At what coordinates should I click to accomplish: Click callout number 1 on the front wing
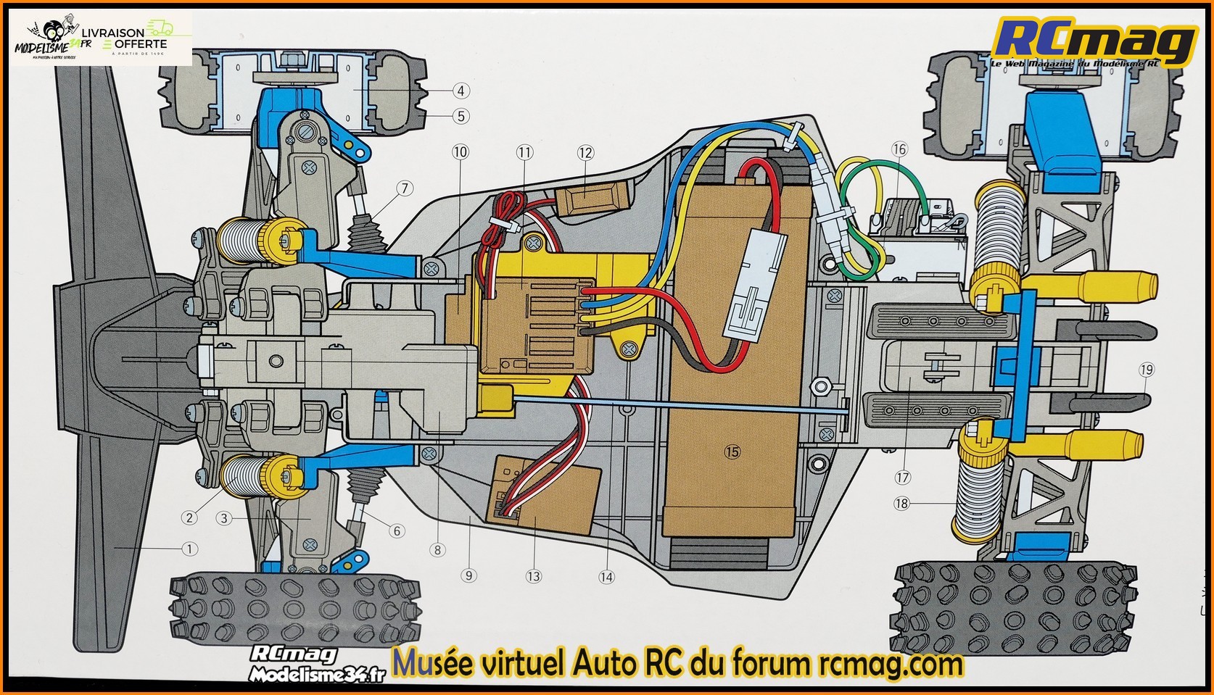tap(189, 549)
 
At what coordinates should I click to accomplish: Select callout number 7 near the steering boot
tap(402, 189)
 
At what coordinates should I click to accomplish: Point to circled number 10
tap(460, 152)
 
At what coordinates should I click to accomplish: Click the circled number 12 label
tap(585, 152)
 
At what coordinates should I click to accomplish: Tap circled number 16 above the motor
tap(899, 150)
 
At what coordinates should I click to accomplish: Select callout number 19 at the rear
tap(1146, 370)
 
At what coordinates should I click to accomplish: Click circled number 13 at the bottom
tap(534, 576)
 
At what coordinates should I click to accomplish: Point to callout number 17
tap(903, 478)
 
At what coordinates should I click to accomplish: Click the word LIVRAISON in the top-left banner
tap(112, 33)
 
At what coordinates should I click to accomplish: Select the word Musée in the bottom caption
tap(429, 662)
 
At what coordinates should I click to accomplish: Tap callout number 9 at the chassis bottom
tap(468, 575)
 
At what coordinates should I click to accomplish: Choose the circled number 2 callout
tap(189, 517)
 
